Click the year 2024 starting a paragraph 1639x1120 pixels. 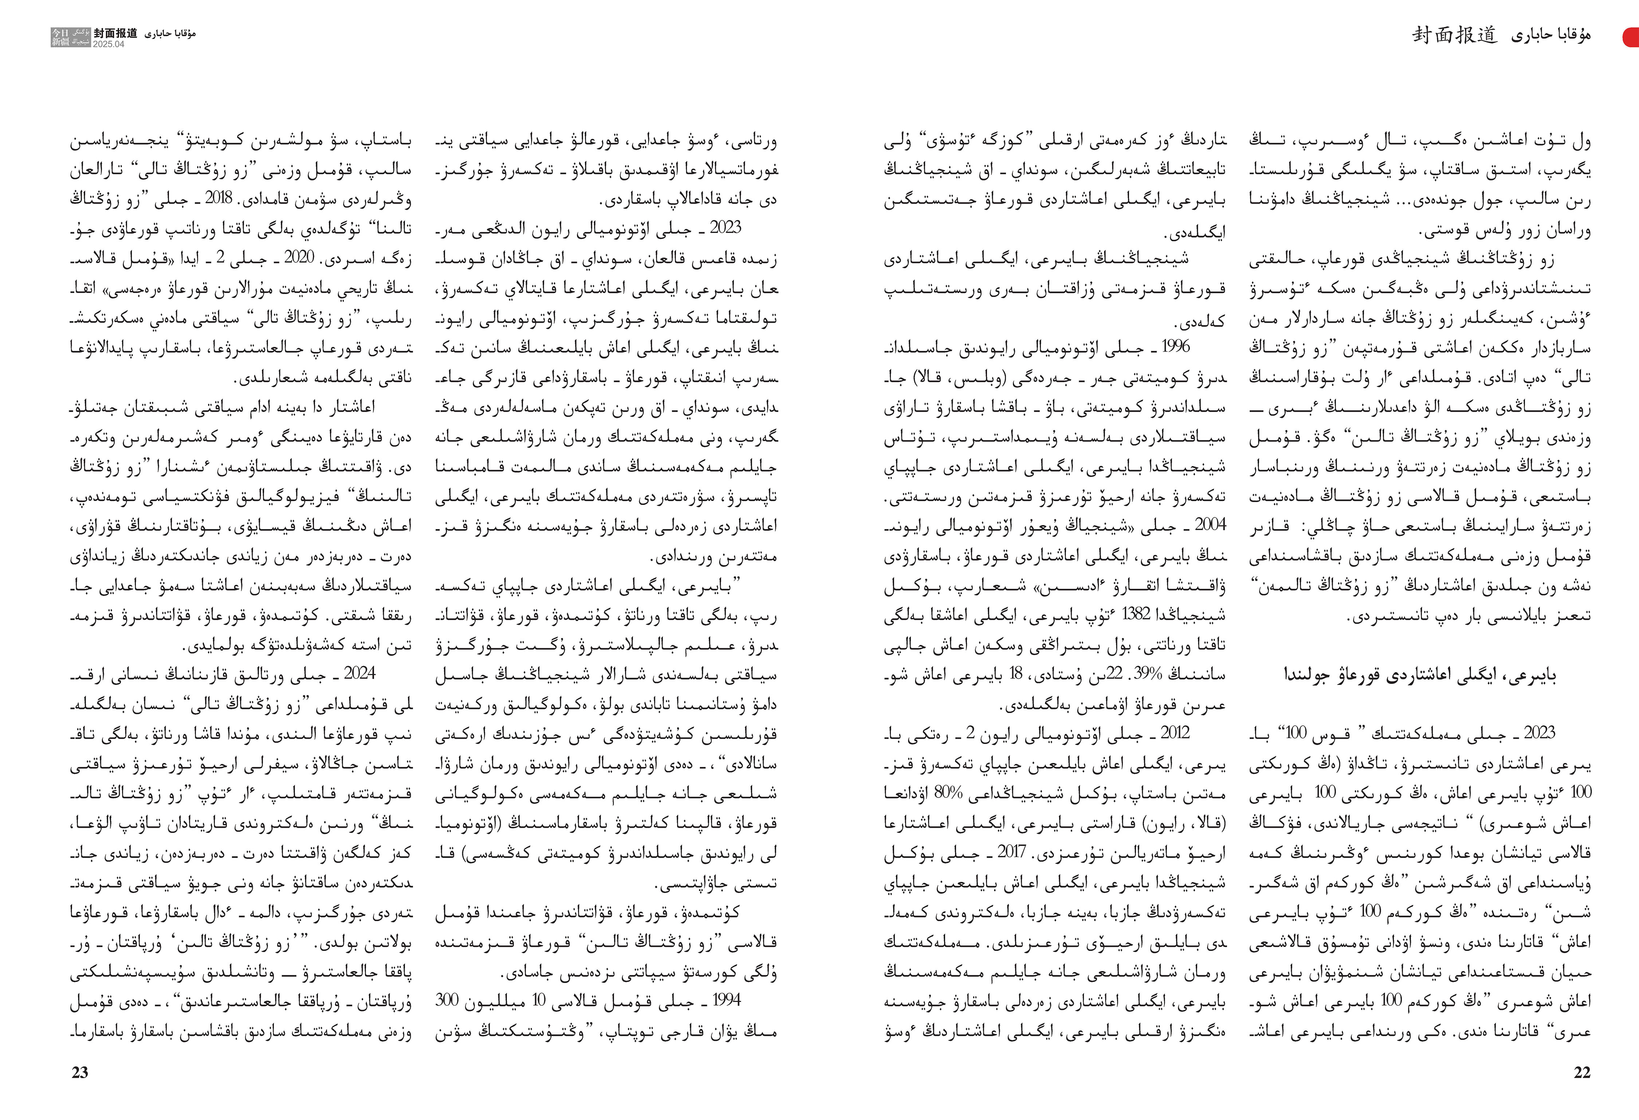point(360,674)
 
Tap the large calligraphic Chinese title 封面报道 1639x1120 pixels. point(1454,35)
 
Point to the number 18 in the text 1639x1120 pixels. point(1016,674)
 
